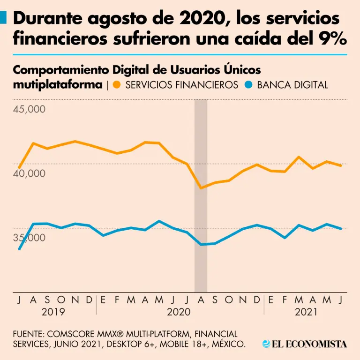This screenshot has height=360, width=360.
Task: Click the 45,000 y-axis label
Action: pyautogui.click(x=29, y=110)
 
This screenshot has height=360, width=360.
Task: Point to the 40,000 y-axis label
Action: pyautogui.click(x=29, y=173)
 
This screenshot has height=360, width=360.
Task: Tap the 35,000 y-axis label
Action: pyautogui.click(x=29, y=238)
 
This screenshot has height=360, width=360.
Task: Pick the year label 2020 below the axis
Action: pyautogui.click(x=179, y=312)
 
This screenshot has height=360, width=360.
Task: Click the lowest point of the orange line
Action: pyautogui.click(x=201, y=187)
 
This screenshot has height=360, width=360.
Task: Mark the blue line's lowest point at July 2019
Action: pyautogui.click(x=19, y=249)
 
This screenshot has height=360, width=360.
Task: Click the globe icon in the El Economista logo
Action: pyautogui.click(x=266, y=344)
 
